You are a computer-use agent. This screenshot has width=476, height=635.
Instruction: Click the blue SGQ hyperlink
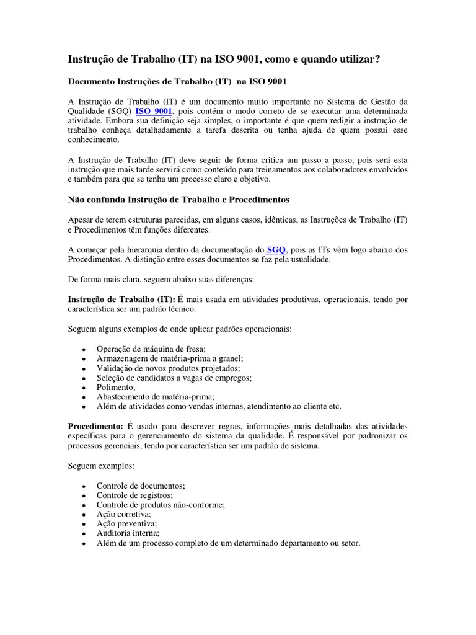(276, 249)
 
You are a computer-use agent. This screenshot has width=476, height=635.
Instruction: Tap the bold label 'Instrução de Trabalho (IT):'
(121, 299)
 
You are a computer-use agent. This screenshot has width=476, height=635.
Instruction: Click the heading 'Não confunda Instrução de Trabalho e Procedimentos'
(178, 200)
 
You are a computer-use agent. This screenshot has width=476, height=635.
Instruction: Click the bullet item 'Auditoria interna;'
(128, 533)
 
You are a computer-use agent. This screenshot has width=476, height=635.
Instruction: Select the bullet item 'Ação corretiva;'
(124, 514)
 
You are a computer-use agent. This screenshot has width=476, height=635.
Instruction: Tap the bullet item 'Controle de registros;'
(134, 495)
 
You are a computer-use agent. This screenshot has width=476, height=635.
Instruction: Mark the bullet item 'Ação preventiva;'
(126, 524)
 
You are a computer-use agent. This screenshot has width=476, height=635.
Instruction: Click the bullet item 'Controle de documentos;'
(141, 486)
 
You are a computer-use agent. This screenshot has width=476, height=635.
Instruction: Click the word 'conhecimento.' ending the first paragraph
(93, 140)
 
